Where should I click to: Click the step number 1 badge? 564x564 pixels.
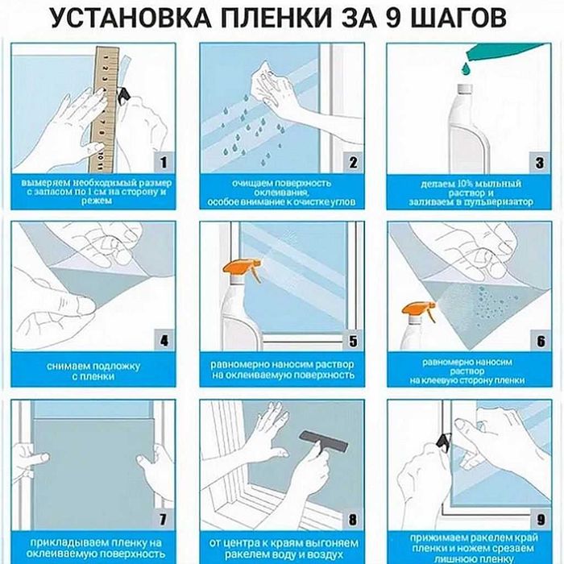click(164, 162)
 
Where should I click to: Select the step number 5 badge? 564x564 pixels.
click(351, 341)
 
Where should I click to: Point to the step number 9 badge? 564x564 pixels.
click(538, 519)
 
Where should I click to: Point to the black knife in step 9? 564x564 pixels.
click(442, 440)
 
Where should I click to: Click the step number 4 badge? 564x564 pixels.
click(164, 341)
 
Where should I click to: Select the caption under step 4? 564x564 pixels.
click(89, 371)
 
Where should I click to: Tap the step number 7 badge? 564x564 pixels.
click(164, 519)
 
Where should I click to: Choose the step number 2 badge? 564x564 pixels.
click(351, 162)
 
